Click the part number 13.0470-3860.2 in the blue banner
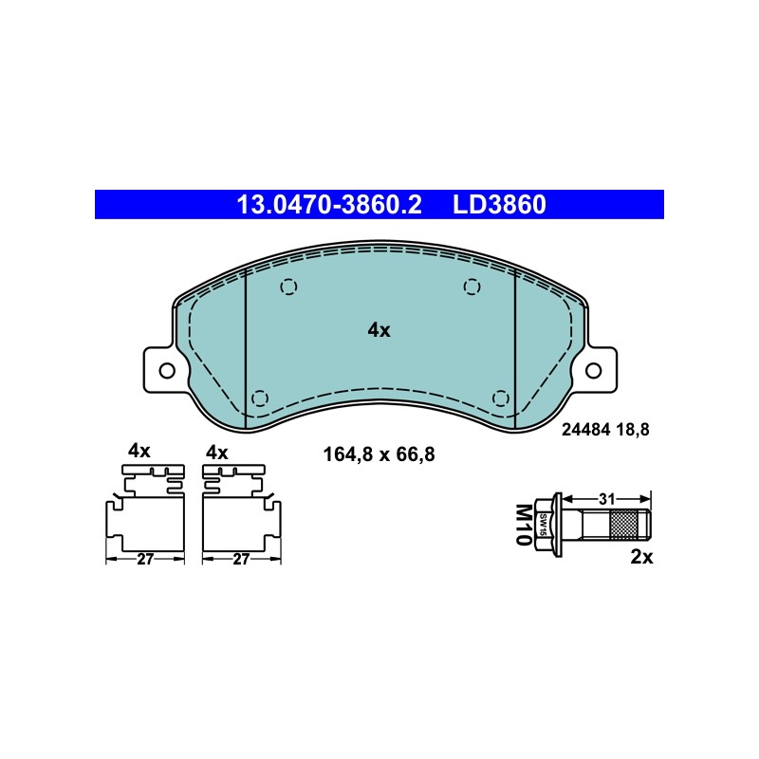click(329, 205)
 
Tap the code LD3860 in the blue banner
click(499, 205)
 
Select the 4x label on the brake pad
click(379, 330)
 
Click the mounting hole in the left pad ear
click(167, 371)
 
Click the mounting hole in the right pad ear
click(593, 371)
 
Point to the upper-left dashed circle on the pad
click(288, 287)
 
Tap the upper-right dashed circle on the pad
click(472, 287)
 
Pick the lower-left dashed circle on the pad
click(260, 398)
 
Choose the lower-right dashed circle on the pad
click(501, 398)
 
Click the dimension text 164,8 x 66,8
click(379, 455)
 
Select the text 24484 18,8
click(605, 430)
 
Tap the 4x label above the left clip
click(139, 452)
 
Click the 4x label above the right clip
click(217, 454)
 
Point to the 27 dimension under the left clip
click(145, 560)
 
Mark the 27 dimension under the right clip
click(241, 560)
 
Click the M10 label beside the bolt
click(524, 525)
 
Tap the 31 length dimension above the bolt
click(607, 499)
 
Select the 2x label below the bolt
click(641, 557)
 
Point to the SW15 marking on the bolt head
click(543, 525)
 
